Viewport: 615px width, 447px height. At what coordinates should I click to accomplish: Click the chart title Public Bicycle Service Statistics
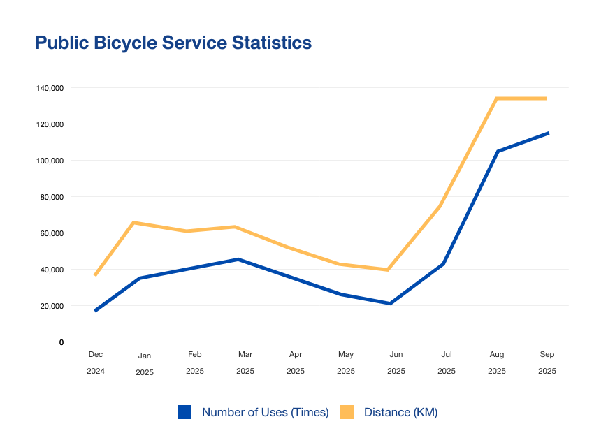(173, 43)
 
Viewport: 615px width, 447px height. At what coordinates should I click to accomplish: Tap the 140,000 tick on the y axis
(50, 88)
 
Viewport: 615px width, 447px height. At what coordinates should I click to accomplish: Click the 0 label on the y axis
(61, 342)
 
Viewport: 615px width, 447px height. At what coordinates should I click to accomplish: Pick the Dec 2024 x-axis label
(96, 362)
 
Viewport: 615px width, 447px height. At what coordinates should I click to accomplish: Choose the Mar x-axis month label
(245, 355)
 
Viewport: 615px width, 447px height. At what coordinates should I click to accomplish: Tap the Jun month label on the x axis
(396, 355)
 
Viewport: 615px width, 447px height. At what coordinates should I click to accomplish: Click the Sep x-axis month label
(547, 355)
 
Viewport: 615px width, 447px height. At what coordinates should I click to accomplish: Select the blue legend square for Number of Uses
(184, 412)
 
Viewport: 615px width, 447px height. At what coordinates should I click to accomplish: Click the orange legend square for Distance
(347, 412)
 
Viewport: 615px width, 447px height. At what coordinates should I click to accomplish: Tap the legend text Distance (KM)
(400, 412)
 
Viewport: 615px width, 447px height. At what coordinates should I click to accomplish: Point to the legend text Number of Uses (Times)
(265, 412)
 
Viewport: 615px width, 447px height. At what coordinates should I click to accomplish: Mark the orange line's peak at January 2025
(133, 223)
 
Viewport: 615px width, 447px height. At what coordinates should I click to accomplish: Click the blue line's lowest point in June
(390, 303)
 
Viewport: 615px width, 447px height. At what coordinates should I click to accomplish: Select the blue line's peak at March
(238, 259)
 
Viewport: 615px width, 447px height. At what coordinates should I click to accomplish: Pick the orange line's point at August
(496, 98)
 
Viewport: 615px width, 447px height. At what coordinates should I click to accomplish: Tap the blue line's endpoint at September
(548, 133)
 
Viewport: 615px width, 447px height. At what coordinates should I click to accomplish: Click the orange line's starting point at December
(95, 275)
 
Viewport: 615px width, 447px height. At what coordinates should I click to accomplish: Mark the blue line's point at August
(498, 151)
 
